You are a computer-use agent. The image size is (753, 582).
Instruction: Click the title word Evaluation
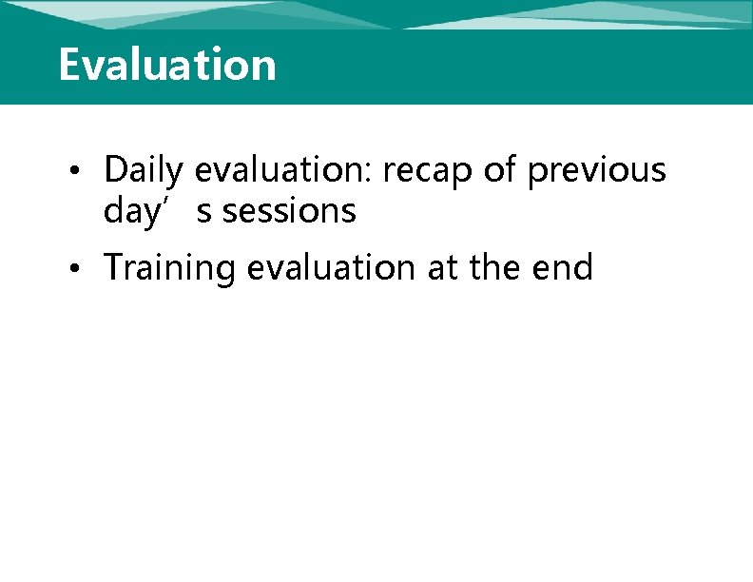pyautogui.click(x=167, y=65)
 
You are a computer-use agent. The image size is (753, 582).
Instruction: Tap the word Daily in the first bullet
pyautogui.click(x=143, y=170)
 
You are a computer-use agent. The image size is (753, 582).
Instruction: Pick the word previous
pyautogui.click(x=597, y=170)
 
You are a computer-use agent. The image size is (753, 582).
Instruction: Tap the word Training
pyautogui.click(x=170, y=268)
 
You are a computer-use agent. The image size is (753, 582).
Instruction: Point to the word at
pyautogui.click(x=441, y=268)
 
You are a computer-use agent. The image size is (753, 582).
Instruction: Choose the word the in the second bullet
pyautogui.click(x=494, y=268)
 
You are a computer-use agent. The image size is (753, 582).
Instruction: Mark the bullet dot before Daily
pyautogui.click(x=86, y=172)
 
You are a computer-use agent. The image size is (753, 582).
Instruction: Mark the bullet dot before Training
pyautogui.click(x=86, y=269)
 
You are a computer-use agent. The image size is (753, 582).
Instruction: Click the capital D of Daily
pyautogui.click(x=116, y=169)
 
